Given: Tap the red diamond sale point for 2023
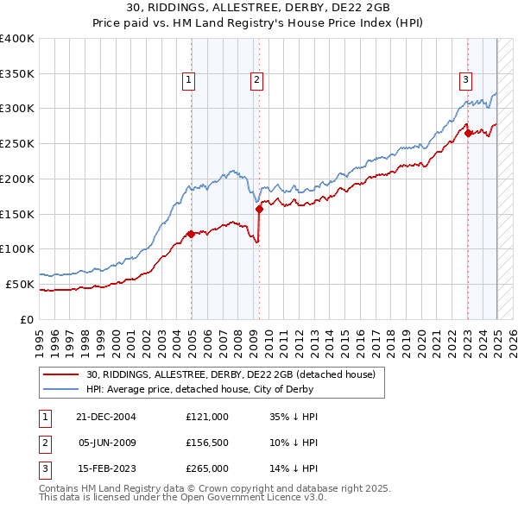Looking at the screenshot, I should [x=467, y=133].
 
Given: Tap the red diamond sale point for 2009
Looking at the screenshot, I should [x=259, y=209].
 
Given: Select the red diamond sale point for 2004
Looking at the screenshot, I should [x=191, y=234].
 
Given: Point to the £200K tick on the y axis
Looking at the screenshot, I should [x=17, y=179].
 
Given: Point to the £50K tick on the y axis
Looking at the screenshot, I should [x=20, y=284].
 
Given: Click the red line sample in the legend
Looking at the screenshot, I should [x=61, y=374].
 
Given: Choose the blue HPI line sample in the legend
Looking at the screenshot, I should [x=61, y=389].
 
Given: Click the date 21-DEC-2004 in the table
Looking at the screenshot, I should [x=106, y=416].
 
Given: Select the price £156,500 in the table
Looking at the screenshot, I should [x=207, y=443].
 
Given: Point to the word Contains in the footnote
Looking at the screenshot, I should [x=59, y=488].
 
